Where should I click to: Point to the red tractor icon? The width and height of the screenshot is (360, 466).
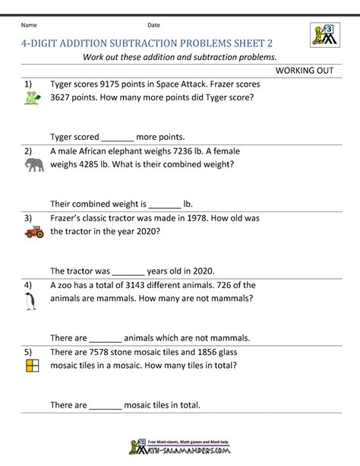click(33, 233)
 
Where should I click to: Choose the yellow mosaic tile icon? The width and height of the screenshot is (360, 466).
click(31, 367)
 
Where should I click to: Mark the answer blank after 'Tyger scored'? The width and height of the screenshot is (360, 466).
click(117, 138)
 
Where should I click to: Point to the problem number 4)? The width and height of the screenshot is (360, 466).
click(28, 285)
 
